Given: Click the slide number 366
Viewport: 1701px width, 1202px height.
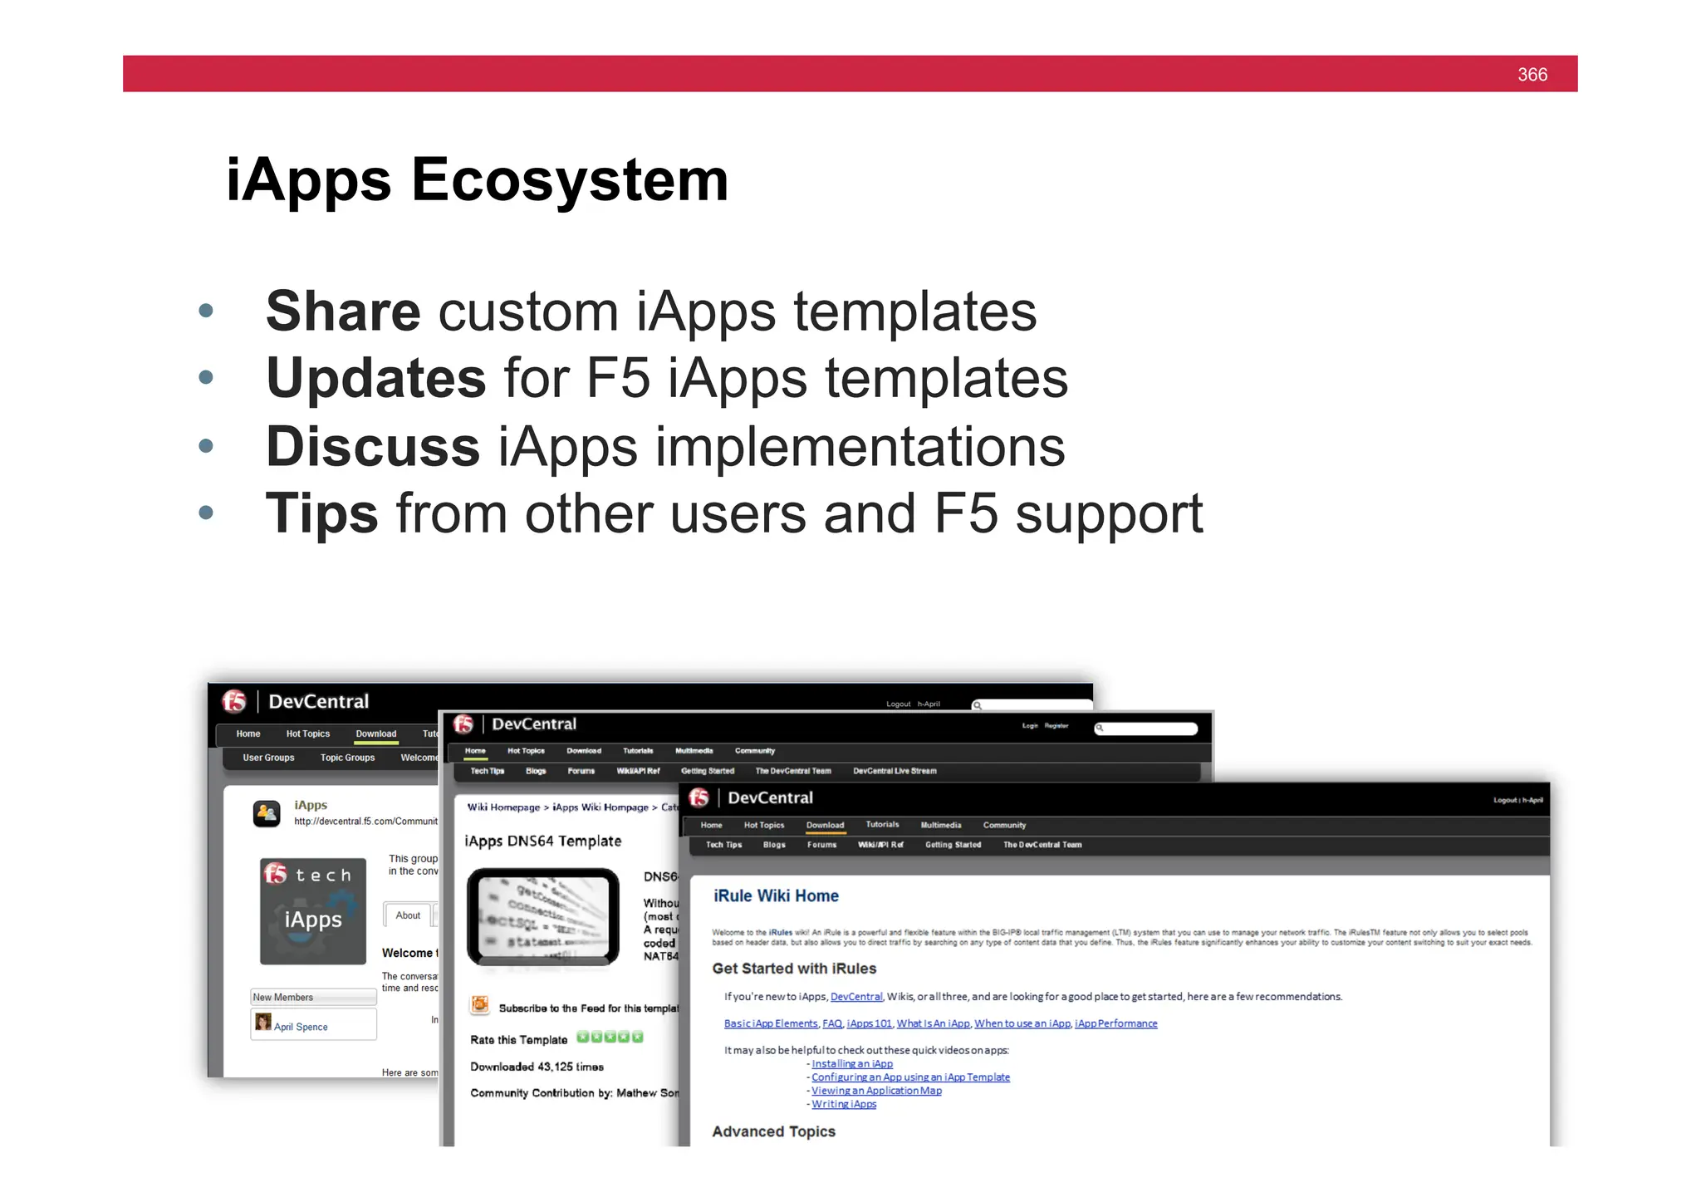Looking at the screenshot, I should pyautogui.click(x=1532, y=75).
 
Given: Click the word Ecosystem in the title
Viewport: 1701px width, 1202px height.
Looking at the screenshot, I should pyautogui.click(x=570, y=180).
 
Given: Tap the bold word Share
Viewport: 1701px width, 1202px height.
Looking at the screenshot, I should pyautogui.click(x=343, y=312).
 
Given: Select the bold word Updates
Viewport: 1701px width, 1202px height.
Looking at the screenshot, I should pyautogui.click(x=375, y=379).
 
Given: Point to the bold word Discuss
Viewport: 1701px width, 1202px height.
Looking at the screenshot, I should pyautogui.click(x=373, y=447).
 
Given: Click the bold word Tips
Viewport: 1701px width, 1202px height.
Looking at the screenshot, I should pyautogui.click(x=321, y=513).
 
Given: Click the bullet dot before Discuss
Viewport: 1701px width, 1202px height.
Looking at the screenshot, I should pyautogui.click(x=206, y=446).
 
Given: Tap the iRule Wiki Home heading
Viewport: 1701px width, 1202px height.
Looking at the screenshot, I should pyautogui.click(x=776, y=895).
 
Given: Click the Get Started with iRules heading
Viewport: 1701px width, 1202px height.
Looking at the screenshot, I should pyautogui.click(x=793, y=969).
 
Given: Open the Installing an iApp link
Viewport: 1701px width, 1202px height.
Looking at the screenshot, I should pyautogui.click(x=851, y=1064).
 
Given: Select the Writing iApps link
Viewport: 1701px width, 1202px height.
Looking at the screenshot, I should pyautogui.click(x=843, y=1104).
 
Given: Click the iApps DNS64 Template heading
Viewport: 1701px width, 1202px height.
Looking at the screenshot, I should pyautogui.click(x=542, y=841).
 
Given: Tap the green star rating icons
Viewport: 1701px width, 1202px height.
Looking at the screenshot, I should pyautogui.click(x=610, y=1037).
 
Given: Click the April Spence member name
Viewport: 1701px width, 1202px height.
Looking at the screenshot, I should pyautogui.click(x=301, y=1027).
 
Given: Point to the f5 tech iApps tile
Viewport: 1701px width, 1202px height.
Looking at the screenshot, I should pyautogui.click(x=313, y=911).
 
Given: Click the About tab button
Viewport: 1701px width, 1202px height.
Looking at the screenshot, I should pyautogui.click(x=408, y=915).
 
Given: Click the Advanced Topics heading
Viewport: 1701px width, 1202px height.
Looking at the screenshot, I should pyautogui.click(x=773, y=1131).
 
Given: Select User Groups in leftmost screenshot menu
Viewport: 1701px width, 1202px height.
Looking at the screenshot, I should pyautogui.click(x=268, y=758).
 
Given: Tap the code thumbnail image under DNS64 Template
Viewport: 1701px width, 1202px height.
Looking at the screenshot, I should pyautogui.click(x=542, y=916).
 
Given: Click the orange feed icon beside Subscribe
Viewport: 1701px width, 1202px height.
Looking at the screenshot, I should pyautogui.click(x=479, y=1006).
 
